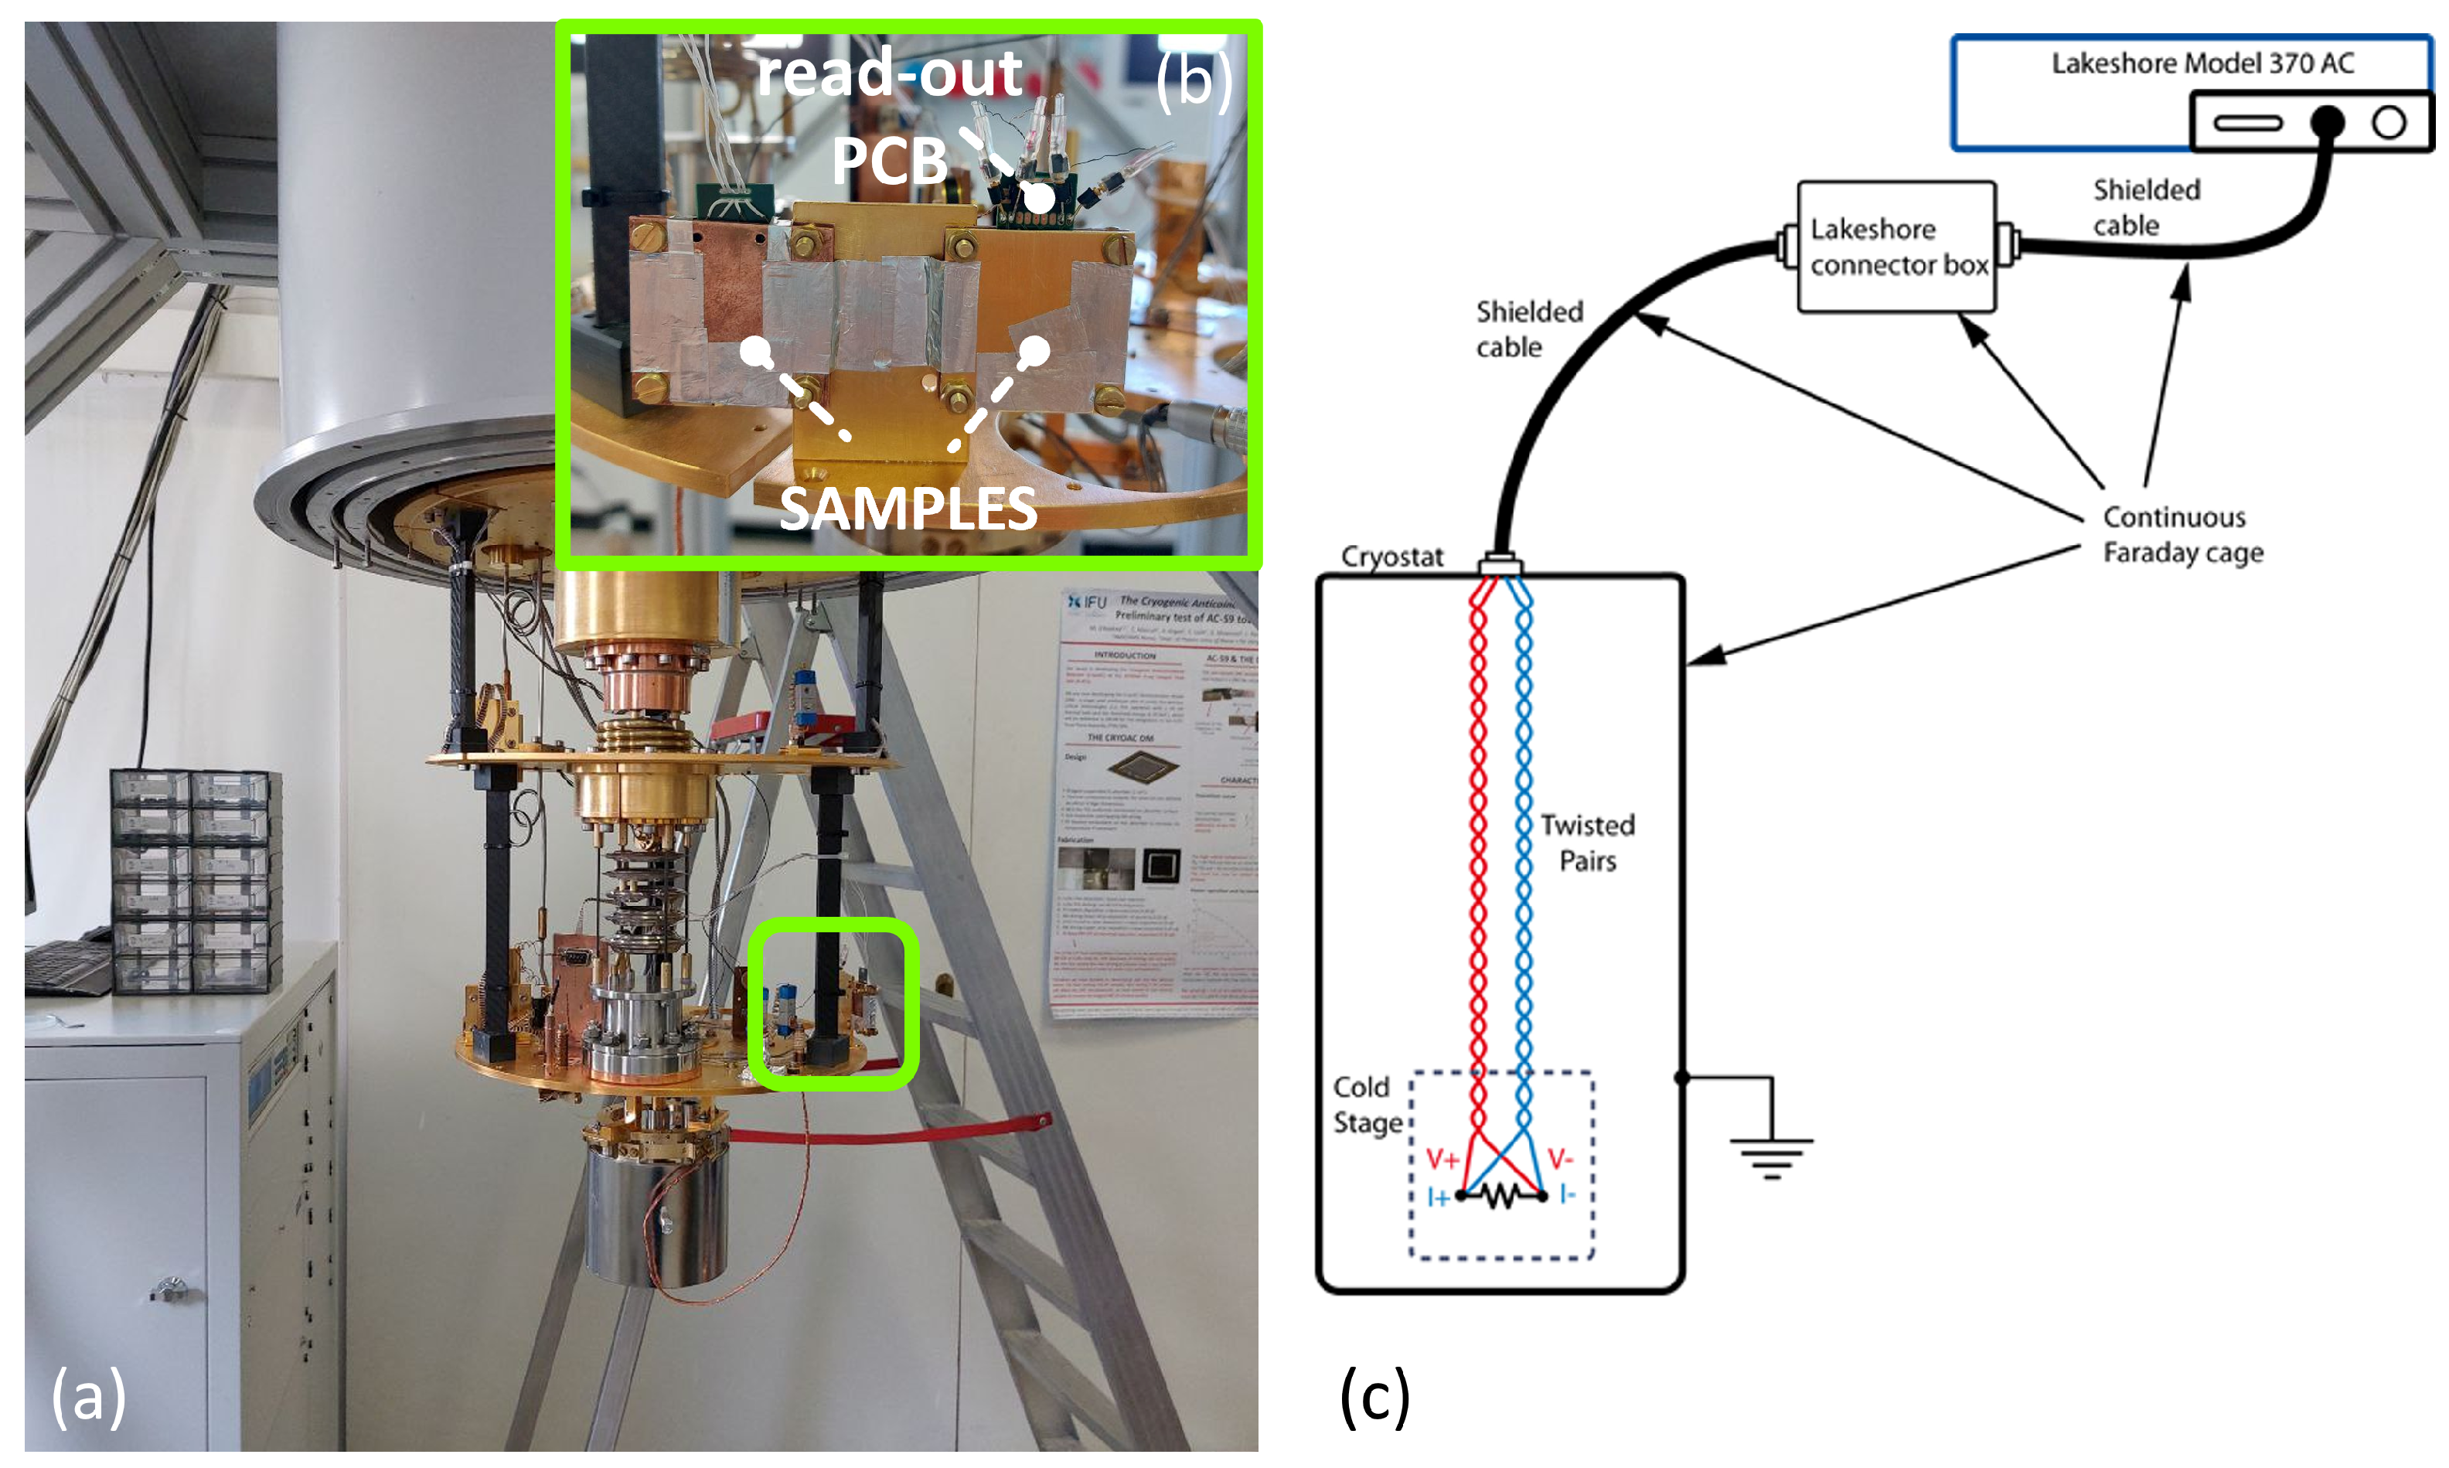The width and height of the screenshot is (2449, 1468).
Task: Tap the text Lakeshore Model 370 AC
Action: [x=2202, y=63]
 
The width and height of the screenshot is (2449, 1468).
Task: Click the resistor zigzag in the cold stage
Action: [x=1501, y=1197]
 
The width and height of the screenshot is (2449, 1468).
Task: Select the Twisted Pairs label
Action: [x=1586, y=842]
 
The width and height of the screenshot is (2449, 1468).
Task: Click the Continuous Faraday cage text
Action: [x=2182, y=534]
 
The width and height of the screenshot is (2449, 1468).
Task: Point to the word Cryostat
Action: [x=1391, y=557]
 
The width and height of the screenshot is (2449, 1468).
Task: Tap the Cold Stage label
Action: [x=1367, y=1104]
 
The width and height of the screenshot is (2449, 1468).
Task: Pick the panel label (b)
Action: [x=1194, y=79]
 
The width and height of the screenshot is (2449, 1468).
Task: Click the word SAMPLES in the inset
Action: [x=908, y=509]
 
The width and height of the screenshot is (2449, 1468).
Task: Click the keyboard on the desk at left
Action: [x=67, y=966]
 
